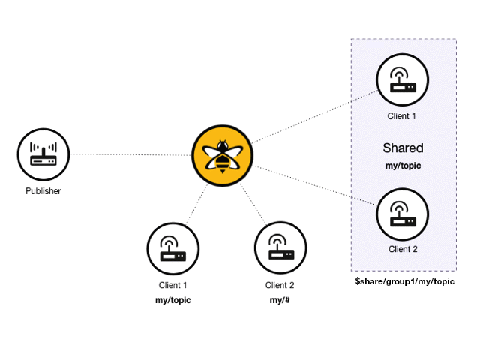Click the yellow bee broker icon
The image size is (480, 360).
[222, 155]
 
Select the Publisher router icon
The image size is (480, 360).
[43, 154]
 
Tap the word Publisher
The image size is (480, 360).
[43, 191]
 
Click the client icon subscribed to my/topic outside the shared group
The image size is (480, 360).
[173, 247]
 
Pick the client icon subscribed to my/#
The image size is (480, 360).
[280, 247]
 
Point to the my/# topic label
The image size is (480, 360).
[280, 300]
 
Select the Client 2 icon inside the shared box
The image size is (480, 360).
[402, 214]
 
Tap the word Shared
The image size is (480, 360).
[403, 148]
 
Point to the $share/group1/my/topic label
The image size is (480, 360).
[404, 280]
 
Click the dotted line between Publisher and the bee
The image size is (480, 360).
[127, 154]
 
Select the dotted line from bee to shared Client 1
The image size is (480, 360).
[315, 117]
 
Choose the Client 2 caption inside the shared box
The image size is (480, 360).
[403, 249]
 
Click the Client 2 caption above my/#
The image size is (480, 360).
[280, 285]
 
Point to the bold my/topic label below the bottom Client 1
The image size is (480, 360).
[173, 300]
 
